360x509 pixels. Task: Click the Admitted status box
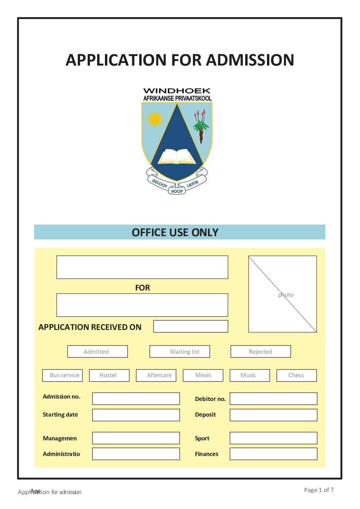tap(97, 351)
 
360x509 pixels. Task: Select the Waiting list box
tap(180, 351)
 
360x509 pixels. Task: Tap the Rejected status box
tap(260, 351)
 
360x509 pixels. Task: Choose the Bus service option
tap(62, 375)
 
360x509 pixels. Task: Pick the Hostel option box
tap(109, 375)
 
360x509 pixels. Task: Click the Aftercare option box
tap(156, 375)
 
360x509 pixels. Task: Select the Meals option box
tap(203, 375)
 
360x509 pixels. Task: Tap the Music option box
tap(250, 375)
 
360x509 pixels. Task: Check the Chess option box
tap(296, 375)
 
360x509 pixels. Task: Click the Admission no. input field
tap(136, 399)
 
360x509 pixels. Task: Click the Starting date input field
tap(136, 415)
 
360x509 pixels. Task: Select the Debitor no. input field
tap(273, 399)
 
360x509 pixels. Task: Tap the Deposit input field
tap(273, 415)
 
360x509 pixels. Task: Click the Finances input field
tap(273, 454)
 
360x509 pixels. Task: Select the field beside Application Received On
tap(191, 326)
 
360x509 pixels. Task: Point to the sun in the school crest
tap(155, 119)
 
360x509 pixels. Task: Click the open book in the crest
tap(177, 157)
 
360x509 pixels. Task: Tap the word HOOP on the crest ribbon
tap(177, 191)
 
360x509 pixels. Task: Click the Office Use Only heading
tap(175, 232)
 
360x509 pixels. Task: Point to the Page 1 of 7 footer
tap(319, 490)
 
